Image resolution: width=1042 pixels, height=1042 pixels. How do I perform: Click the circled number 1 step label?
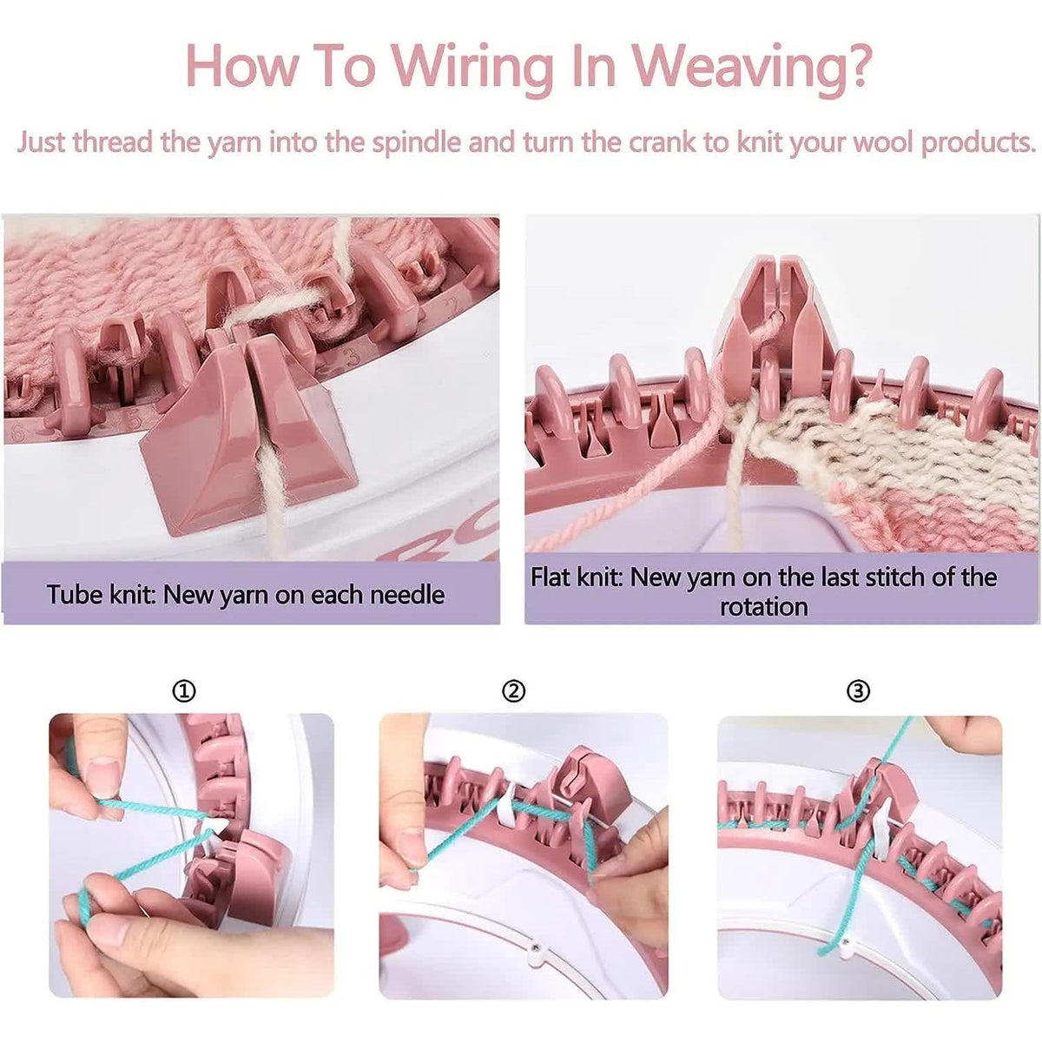click(x=184, y=691)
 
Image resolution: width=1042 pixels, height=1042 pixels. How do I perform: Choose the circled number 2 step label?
click(x=514, y=691)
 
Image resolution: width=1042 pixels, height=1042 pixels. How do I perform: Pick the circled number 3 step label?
click(x=858, y=691)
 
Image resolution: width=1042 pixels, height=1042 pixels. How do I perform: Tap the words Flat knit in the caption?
click(x=577, y=577)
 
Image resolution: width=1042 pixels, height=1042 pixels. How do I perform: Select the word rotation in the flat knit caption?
click(x=764, y=606)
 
